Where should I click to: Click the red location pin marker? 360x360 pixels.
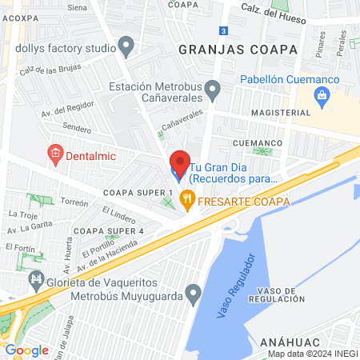point(179,160)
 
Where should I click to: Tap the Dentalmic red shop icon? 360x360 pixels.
point(55,153)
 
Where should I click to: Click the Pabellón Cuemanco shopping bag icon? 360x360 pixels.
point(322,98)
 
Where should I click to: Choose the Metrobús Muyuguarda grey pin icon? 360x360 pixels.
point(192,294)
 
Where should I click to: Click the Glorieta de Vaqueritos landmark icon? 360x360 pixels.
point(36,279)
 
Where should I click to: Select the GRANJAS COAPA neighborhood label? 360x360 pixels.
point(238,49)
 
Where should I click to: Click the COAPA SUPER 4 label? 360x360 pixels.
point(108,231)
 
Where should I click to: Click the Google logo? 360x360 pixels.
point(26,350)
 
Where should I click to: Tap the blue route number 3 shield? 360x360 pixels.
point(224,31)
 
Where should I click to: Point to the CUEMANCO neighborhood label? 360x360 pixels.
point(258,142)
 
